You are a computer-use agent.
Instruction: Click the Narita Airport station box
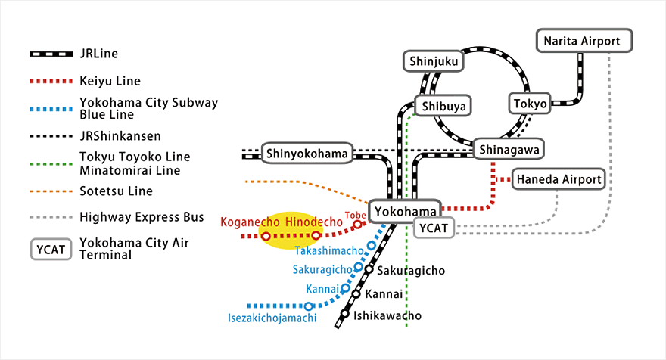coord(584,41)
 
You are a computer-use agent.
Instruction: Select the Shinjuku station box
coord(431,61)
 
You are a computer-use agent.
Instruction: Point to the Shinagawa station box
coord(508,150)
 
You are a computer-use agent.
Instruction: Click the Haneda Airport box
coord(559,180)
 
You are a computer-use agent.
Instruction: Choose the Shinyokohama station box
coord(308,154)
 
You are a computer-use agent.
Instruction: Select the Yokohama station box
coord(404,211)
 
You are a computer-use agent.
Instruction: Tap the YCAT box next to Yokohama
coord(434,227)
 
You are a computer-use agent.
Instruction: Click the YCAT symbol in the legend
coord(51,249)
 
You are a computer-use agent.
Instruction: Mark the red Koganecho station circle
coord(266,237)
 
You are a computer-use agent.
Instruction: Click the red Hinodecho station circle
coord(316,236)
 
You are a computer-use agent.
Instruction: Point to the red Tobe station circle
coord(357,225)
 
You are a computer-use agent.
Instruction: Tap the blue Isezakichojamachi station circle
coord(308,306)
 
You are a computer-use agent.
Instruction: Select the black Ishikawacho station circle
coord(345,313)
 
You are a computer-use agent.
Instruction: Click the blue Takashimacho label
coord(329,250)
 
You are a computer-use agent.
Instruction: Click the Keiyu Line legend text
coord(110,80)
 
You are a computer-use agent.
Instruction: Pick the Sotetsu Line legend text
coord(116,191)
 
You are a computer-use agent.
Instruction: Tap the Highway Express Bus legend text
coord(142,217)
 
